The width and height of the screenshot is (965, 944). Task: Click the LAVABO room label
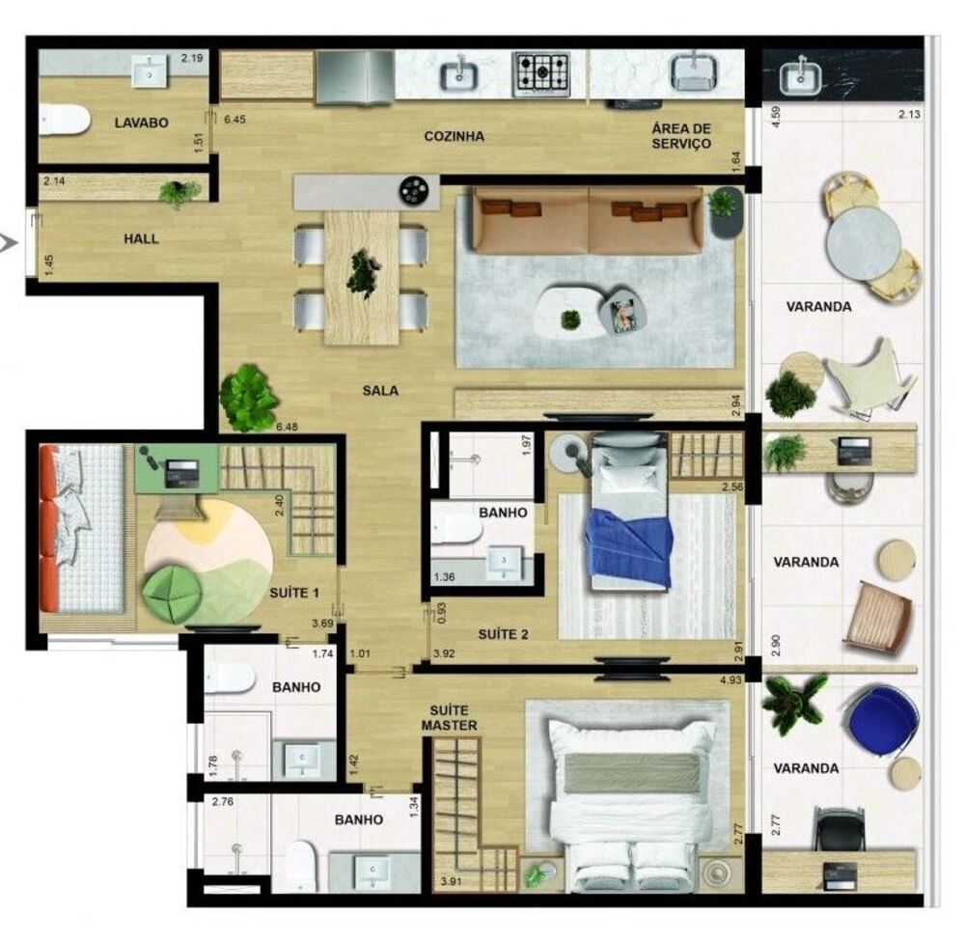click(x=141, y=124)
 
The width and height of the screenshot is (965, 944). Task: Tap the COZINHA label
click(x=454, y=136)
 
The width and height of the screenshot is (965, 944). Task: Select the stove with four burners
click(x=541, y=73)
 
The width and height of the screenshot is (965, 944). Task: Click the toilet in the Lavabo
click(x=64, y=121)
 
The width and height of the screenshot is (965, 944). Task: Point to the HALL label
click(x=141, y=238)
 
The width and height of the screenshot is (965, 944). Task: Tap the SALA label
click(x=380, y=391)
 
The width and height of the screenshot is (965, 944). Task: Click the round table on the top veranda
click(x=864, y=242)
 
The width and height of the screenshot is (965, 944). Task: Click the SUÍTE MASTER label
click(x=449, y=717)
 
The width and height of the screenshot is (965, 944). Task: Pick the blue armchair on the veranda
click(x=880, y=719)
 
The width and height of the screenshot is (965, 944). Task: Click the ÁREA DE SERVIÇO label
click(x=681, y=136)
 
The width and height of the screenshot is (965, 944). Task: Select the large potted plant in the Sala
click(x=248, y=397)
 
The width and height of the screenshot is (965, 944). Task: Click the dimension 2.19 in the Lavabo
click(x=192, y=59)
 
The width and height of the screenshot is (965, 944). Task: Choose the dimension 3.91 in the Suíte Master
click(x=450, y=881)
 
